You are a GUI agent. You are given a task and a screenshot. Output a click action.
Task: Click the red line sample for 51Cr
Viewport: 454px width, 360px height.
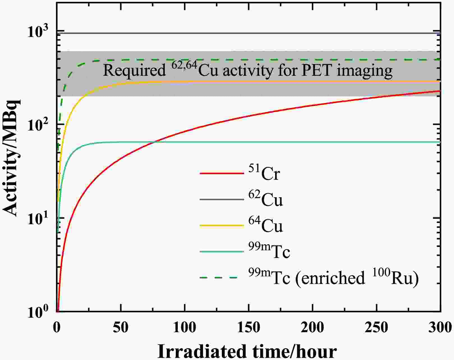click(222, 173)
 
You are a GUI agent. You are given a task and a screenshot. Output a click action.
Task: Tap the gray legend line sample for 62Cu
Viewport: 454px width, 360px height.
click(222, 199)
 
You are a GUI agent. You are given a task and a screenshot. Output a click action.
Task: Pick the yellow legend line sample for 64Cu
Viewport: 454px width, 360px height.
click(222, 225)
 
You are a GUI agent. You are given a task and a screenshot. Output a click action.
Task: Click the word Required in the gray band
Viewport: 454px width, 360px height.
click(135, 70)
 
